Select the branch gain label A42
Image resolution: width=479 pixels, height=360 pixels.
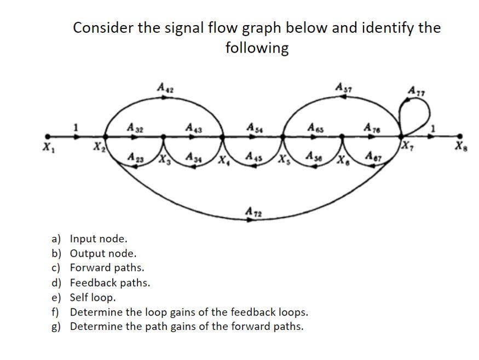(164, 86)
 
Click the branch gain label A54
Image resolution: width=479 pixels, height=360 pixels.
(253, 127)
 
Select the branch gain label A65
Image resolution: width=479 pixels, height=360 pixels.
(313, 127)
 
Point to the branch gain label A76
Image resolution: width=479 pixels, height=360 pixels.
(371, 127)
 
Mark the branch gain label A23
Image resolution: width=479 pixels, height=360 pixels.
(132, 156)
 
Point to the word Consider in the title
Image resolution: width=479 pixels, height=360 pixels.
(103, 27)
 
